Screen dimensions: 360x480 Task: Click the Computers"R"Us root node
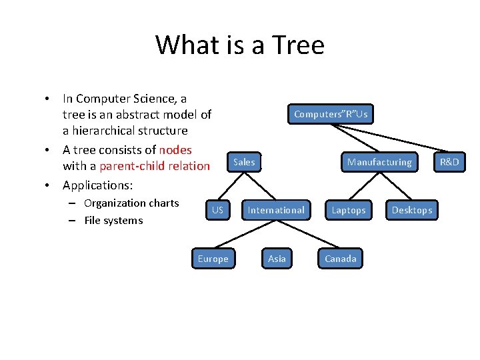click(331, 114)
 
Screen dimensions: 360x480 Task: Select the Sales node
click(244, 162)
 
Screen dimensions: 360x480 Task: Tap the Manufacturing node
click(379, 162)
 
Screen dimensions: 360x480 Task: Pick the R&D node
click(449, 162)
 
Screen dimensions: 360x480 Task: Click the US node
click(217, 210)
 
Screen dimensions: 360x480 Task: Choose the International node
click(276, 210)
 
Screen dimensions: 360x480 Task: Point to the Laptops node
click(349, 210)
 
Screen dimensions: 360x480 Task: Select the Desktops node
click(411, 210)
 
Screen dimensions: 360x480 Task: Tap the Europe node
click(213, 259)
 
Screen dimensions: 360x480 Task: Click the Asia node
click(277, 259)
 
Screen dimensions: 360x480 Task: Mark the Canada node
click(341, 259)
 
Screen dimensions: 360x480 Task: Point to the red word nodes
click(175, 149)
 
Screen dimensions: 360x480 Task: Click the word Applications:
click(97, 185)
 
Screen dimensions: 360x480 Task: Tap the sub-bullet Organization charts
click(131, 203)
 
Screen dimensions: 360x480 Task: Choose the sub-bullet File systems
click(113, 221)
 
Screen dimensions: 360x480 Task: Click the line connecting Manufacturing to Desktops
click(396, 186)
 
